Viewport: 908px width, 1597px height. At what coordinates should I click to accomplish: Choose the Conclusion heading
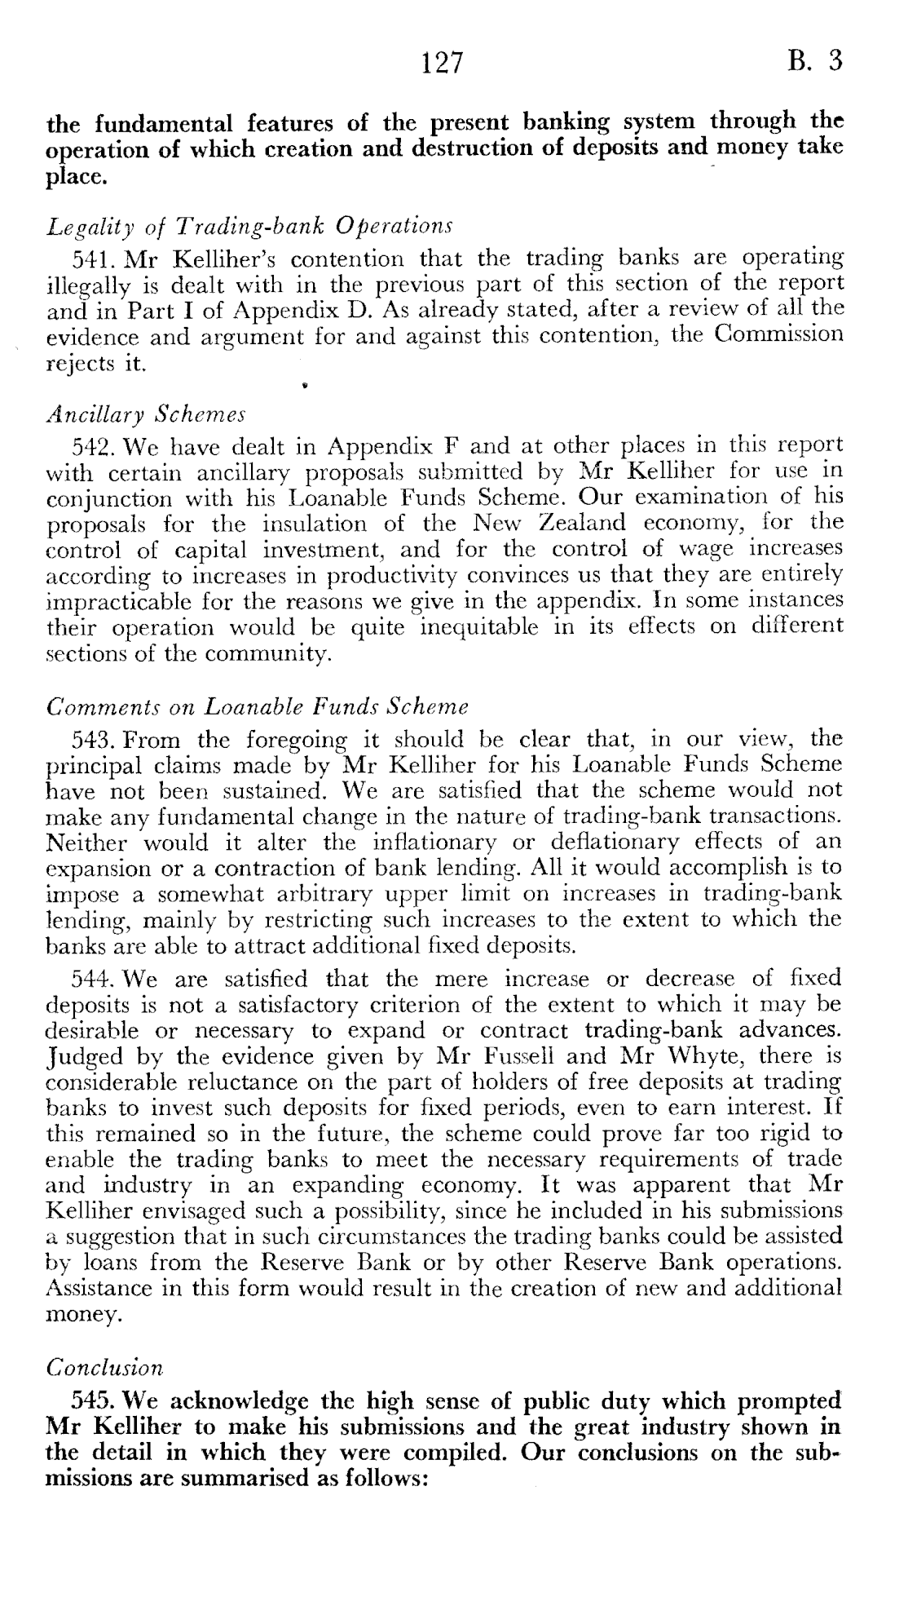pyautogui.click(x=104, y=1366)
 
